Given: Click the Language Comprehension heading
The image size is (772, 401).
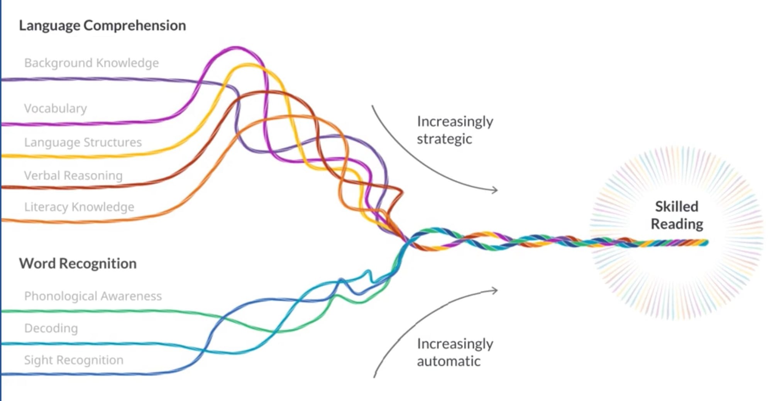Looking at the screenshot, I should pyautogui.click(x=102, y=26).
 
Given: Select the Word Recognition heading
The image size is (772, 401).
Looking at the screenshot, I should pyautogui.click(x=78, y=264).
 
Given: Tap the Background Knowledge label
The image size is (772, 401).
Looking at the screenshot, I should pyautogui.click(x=91, y=63).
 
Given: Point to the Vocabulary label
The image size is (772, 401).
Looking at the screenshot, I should pyautogui.click(x=55, y=108).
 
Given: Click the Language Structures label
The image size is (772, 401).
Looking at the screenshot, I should pyautogui.click(x=83, y=142).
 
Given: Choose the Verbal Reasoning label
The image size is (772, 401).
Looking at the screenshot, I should pyautogui.click(x=73, y=176).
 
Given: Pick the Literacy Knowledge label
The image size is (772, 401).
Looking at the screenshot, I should pyautogui.click(x=79, y=207).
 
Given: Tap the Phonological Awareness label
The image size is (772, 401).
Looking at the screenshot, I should pyautogui.click(x=93, y=296).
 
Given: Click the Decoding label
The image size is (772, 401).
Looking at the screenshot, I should pyautogui.click(x=51, y=328).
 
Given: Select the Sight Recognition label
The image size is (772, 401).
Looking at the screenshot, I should pyautogui.click(x=74, y=360).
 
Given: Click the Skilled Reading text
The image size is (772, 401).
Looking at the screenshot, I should pyautogui.click(x=677, y=215).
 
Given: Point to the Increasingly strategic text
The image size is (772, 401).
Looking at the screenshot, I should pyautogui.click(x=455, y=130).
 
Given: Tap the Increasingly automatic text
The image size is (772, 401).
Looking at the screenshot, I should pyautogui.click(x=455, y=352).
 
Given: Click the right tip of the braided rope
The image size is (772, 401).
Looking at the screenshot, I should pyautogui.click(x=706, y=243).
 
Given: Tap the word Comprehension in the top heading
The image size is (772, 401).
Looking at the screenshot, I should pyautogui.click(x=134, y=26).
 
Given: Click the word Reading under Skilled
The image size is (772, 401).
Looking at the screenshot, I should pyautogui.click(x=677, y=224).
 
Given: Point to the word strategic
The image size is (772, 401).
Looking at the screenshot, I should pyautogui.click(x=444, y=139).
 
